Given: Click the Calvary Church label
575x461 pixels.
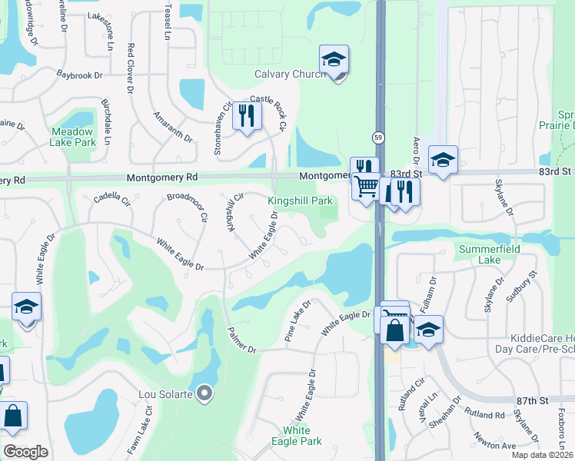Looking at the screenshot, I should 291,74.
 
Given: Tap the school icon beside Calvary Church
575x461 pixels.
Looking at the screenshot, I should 334,59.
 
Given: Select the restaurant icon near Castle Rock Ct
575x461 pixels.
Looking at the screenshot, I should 247,116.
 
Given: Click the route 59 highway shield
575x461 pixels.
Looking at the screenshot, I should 380,137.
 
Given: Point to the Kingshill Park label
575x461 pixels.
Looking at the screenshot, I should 300,201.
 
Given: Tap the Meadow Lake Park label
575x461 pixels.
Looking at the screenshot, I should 73,137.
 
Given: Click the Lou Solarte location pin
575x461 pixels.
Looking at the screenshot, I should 204,394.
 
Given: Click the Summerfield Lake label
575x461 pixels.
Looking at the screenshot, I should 490,255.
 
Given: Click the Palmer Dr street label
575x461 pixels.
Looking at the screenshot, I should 241,340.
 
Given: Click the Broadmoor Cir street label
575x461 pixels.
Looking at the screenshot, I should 188,207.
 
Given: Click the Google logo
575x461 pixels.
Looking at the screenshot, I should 26,451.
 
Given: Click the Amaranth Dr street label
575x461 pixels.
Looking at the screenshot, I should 172,124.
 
